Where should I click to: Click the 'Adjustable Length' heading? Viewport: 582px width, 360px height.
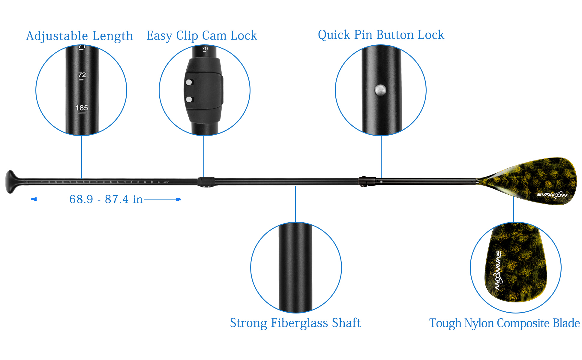pyautogui.click(x=79, y=36)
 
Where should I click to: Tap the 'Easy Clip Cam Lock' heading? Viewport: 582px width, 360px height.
pyautogui.click(x=202, y=36)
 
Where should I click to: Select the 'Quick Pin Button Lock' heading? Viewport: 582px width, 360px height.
pyautogui.click(x=381, y=35)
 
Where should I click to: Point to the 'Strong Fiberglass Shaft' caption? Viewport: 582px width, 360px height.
pyautogui.click(x=295, y=323)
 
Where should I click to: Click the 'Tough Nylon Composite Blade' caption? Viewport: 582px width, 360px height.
pyautogui.click(x=504, y=323)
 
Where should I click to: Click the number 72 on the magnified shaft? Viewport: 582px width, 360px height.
pyautogui.click(x=82, y=75)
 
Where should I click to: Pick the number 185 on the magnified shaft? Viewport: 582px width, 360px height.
pyautogui.click(x=82, y=108)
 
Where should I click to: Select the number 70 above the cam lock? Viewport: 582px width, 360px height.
pyautogui.click(x=205, y=49)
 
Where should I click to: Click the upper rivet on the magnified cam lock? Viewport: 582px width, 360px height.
pyautogui.click(x=189, y=82)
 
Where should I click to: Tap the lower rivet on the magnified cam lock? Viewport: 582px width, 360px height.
pyautogui.click(x=189, y=99)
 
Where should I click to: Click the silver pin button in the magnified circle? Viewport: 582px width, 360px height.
pyautogui.click(x=380, y=90)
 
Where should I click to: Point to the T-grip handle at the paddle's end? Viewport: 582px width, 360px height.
pyautogui.click(x=11, y=182)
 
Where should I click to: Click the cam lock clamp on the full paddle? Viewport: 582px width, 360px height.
pyautogui.click(x=206, y=182)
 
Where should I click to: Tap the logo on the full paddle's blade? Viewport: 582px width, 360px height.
pyautogui.click(x=552, y=195)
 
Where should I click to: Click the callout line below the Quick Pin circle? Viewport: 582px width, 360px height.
pyautogui.click(x=381, y=156)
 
